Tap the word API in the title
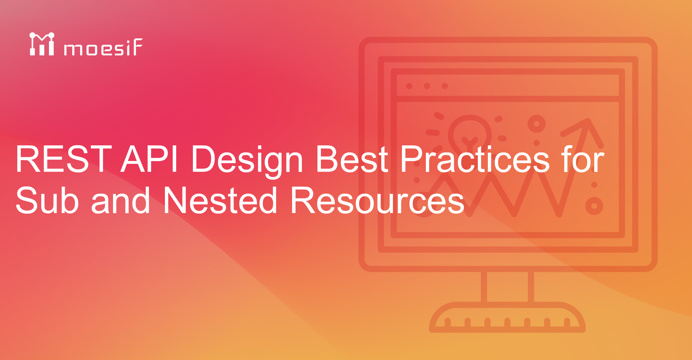click(149, 159)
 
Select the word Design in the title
click(247, 160)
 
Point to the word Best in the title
click(352, 159)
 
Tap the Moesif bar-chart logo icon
click(42, 44)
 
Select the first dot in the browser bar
click(409, 86)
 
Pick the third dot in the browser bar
click(445, 86)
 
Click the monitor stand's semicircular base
click(507, 317)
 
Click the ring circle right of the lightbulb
click(536, 124)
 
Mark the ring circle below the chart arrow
click(594, 206)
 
